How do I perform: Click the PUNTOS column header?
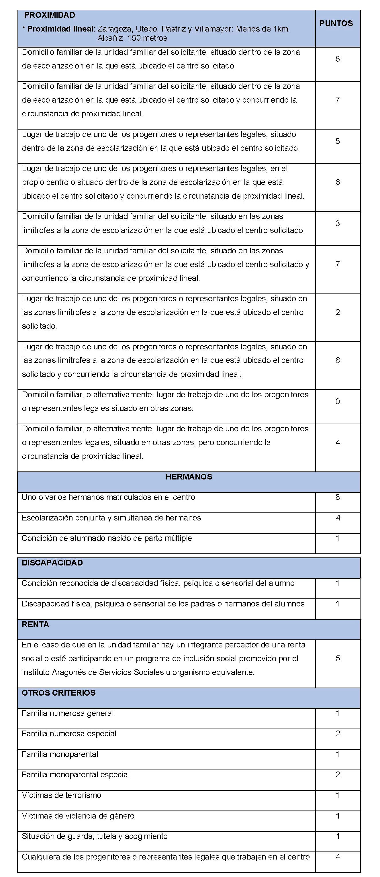tap(336, 24)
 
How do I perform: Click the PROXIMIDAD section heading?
tap(50, 15)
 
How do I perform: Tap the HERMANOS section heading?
tap(189, 477)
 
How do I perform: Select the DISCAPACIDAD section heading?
tap(52, 563)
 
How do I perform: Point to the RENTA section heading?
tap(36, 625)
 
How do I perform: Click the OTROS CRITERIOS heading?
tap(58, 693)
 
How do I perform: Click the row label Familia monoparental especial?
tap(76, 775)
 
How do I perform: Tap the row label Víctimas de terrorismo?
tap(61, 795)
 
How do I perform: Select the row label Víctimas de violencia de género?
tap(78, 816)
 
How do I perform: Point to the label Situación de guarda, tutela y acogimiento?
tap(95, 836)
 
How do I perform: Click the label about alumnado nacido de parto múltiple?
tap(107, 538)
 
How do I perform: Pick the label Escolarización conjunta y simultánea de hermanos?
tap(111, 518)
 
